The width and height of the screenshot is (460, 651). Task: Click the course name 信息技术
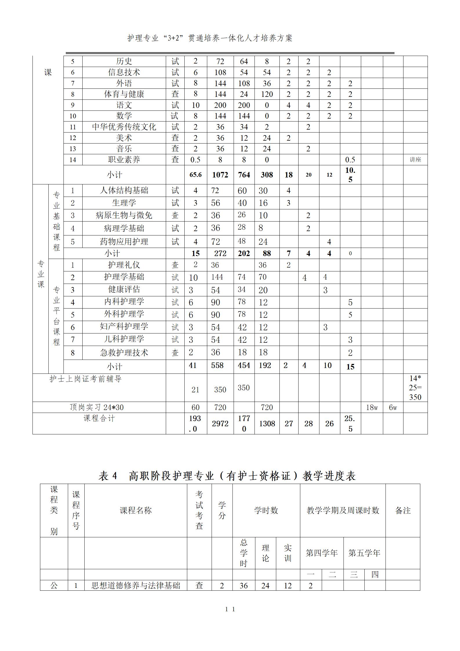click(124, 72)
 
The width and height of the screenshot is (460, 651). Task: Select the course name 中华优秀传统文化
click(124, 127)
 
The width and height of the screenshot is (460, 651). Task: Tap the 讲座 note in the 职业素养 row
click(415, 159)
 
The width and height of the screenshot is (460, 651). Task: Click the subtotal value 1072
click(220, 175)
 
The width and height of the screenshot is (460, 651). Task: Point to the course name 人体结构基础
click(124, 190)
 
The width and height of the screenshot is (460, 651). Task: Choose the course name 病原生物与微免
click(124, 215)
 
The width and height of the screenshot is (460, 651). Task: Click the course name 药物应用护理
click(124, 241)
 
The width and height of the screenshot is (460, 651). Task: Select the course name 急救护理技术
click(124, 352)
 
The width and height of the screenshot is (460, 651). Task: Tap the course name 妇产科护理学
click(124, 327)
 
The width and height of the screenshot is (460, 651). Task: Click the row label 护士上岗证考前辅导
click(86, 379)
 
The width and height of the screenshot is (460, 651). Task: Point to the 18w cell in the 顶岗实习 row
click(372, 407)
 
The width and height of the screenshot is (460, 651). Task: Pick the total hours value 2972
click(220, 423)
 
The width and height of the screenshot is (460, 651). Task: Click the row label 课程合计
click(99, 418)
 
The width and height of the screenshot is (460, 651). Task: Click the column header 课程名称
click(136, 510)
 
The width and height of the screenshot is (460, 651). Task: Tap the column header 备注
click(403, 510)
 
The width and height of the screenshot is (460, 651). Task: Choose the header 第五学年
click(364, 553)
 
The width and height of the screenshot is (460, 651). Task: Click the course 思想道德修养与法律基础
click(136, 585)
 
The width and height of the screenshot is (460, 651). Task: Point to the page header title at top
click(210, 38)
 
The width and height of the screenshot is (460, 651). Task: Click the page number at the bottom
click(230, 609)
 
